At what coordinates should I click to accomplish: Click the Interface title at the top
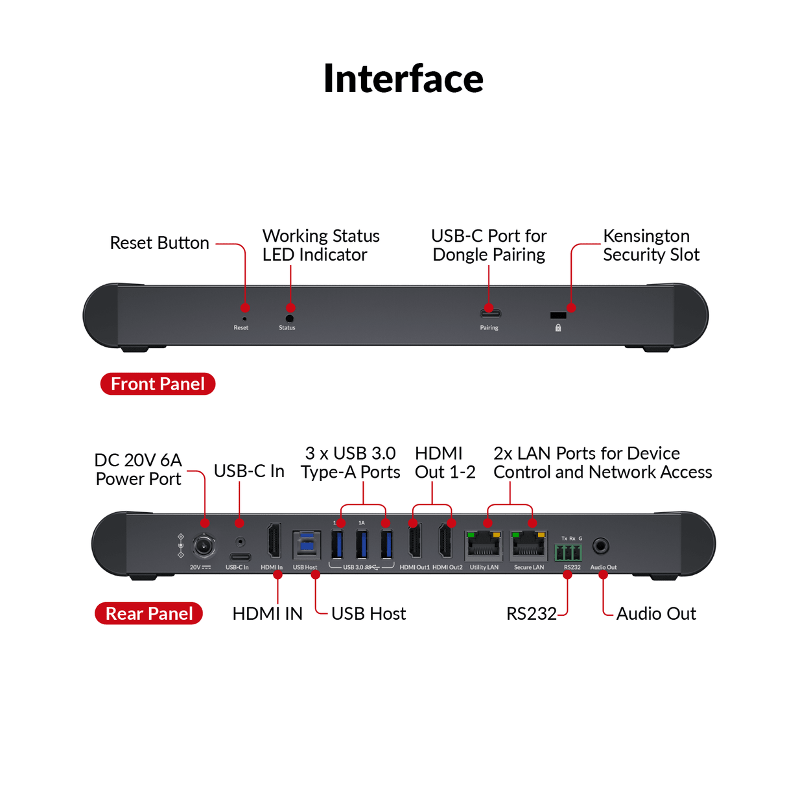(x=403, y=78)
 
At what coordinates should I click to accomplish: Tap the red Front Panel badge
(x=158, y=384)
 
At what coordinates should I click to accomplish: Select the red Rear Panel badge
(x=149, y=613)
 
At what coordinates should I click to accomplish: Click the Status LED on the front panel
(x=289, y=318)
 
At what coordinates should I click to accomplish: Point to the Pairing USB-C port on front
(x=489, y=314)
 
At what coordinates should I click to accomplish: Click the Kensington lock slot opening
(x=558, y=316)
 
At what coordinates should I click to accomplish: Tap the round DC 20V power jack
(x=204, y=546)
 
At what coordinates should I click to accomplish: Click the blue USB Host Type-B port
(x=306, y=545)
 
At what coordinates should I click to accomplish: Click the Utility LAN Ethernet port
(x=484, y=546)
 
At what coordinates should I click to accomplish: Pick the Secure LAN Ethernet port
(x=528, y=546)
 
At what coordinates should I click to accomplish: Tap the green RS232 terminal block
(x=568, y=552)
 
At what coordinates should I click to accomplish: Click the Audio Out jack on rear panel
(x=601, y=546)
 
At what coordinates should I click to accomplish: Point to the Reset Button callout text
(x=159, y=243)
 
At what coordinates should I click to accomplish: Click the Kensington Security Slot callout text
(x=651, y=245)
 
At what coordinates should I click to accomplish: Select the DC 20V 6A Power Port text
(x=138, y=469)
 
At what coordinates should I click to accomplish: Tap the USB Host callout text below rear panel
(x=368, y=613)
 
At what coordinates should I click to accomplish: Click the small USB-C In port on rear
(x=240, y=557)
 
